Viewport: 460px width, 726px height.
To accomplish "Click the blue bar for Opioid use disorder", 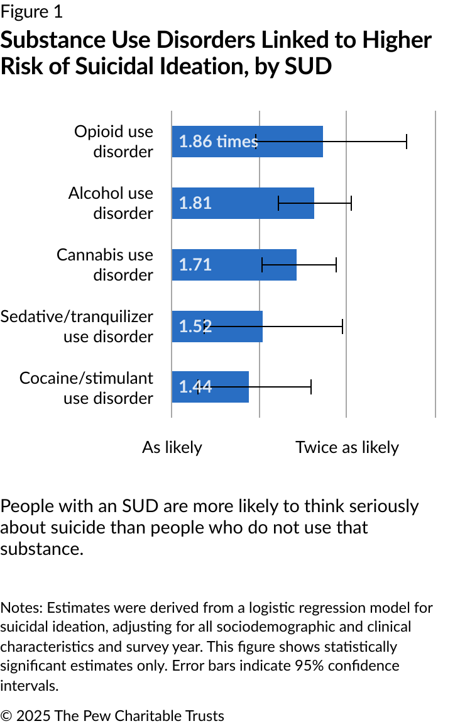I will click(x=289, y=142).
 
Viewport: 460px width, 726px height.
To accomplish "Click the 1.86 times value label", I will click(x=218, y=142).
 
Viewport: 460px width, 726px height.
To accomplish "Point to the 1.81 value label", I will click(x=195, y=203).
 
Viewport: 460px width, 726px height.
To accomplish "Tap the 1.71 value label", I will click(x=195, y=265).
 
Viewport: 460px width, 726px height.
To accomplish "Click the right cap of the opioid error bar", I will click(x=407, y=142).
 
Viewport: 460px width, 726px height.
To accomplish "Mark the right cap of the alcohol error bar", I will click(x=351, y=203).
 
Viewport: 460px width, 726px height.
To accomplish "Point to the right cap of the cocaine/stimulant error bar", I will click(x=311, y=387).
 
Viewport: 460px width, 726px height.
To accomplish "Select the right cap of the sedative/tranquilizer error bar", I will click(x=342, y=327).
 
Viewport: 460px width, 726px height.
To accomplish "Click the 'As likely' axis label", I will click(x=172, y=447).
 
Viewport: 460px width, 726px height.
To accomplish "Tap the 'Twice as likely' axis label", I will click(x=347, y=447).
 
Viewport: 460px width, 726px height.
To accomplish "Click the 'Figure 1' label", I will click(x=31, y=12).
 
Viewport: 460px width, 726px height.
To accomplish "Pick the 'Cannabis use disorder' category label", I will click(x=105, y=265).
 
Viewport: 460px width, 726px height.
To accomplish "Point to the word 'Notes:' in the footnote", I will click(x=21, y=608).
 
